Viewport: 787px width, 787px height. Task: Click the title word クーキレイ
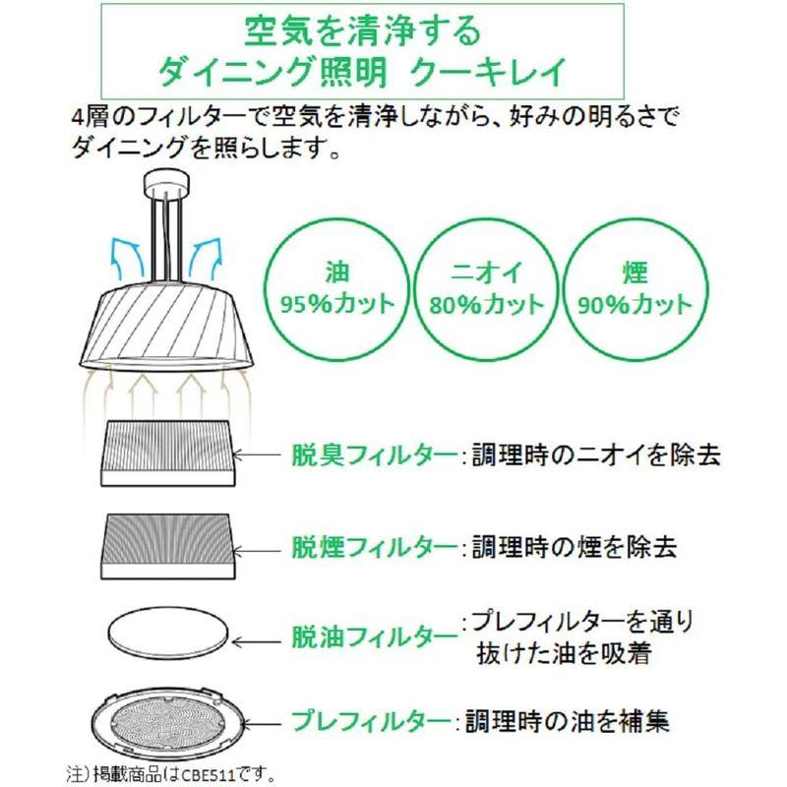[493, 71]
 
